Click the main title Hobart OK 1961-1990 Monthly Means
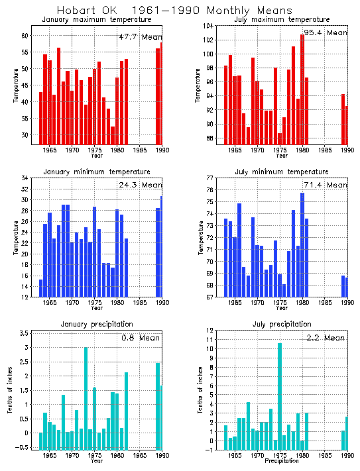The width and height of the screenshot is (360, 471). (174, 11)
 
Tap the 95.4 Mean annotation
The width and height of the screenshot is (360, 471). (325, 32)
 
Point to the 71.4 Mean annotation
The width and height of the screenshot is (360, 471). (325, 185)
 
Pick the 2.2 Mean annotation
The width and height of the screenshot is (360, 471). (325, 338)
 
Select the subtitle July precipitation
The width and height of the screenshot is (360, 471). (282, 324)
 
